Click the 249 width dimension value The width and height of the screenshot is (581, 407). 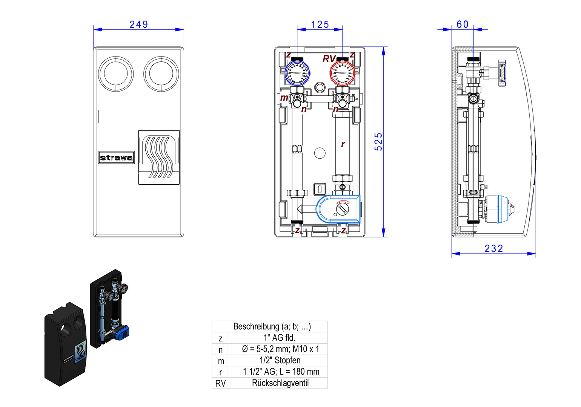tap(138, 24)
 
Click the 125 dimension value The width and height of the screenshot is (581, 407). tap(320, 24)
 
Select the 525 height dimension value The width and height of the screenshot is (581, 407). tap(378, 142)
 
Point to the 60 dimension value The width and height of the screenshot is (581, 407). tap(463, 24)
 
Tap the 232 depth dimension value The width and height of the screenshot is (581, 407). tap(493, 249)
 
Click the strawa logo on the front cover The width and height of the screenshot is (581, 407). tap(116, 158)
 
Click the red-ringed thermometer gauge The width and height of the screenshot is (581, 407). tap(342, 73)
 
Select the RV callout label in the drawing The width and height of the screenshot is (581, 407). tap(329, 59)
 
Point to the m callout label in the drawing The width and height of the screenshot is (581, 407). tap(284, 98)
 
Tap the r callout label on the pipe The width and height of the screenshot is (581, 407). tap(343, 144)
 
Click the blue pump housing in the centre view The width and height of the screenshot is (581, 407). tap(338, 208)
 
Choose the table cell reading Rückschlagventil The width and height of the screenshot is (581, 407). tap(280, 383)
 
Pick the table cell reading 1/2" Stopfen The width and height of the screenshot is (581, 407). tap(280, 361)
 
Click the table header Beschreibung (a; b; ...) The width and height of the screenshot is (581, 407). tap(272, 326)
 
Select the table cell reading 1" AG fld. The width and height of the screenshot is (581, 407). tap(279, 338)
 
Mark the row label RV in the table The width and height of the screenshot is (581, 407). tap(220, 384)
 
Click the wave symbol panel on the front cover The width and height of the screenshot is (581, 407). tap(159, 157)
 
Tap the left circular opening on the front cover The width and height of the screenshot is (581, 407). tap(116, 74)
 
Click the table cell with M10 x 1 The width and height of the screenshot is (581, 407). tap(280, 349)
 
